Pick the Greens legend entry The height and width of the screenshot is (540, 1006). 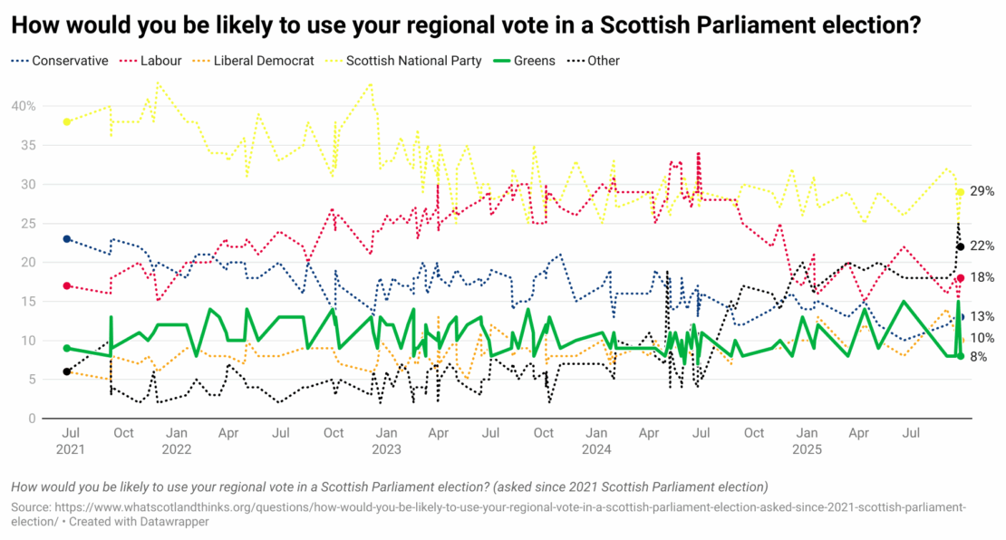pyautogui.click(x=534, y=61)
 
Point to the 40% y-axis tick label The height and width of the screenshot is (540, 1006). pyautogui.click(x=24, y=106)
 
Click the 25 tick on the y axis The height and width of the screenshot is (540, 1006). pyautogui.click(x=28, y=223)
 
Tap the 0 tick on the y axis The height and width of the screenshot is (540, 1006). pyautogui.click(x=32, y=419)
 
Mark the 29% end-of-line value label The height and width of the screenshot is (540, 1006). pyautogui.click(x=982, y=191)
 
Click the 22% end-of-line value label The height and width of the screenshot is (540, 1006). pyautogui.click(x=982, y=246)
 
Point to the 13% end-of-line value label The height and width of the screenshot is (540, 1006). pyautogui.click(x=982, y=316)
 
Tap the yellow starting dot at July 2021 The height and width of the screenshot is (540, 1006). pyautogui.click(x=67, y=121)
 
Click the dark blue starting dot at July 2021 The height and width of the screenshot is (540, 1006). pyautogui.click(x=67, y=238)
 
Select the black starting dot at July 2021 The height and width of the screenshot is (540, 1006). pyautogui.click(x=67, y=371)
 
